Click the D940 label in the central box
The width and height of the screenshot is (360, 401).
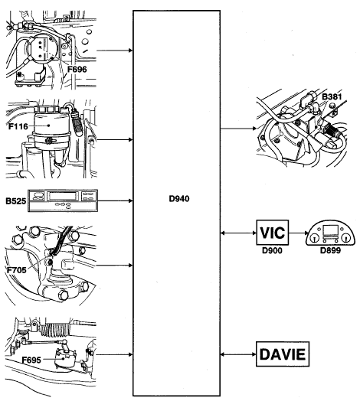pos(179,199)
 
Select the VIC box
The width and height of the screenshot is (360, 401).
pos(273,233)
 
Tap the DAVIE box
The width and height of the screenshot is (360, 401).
pos(283,354)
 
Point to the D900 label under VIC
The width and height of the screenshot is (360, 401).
pos(272,250)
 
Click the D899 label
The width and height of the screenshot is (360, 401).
pos(330,250)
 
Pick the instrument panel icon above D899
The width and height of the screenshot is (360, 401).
pos(330,233)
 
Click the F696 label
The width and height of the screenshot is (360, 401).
pos(77,69)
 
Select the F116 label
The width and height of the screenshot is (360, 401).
pos(18,126)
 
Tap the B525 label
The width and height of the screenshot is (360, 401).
pos(16,201)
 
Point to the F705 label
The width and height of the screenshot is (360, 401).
pos(17,270)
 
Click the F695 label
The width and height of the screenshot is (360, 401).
pos(31,360)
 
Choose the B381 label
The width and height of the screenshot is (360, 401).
pos(332,96)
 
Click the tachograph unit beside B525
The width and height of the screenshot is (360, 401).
pos(63,200)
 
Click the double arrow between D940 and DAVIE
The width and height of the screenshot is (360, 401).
pos(238,354)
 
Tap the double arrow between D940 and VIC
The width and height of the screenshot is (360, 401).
pos(238,233)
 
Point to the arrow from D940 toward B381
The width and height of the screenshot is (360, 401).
pos(238,129)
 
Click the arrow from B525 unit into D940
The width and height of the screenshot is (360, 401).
pos(115,200)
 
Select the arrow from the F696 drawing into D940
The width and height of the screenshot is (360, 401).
pos(114,51)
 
